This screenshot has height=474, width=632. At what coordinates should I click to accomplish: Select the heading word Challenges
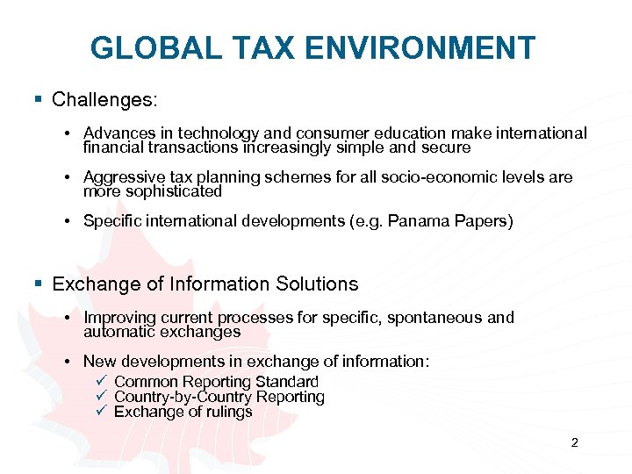click(x=104, y=99)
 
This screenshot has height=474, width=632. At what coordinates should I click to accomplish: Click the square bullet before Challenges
click(x=38, y=98)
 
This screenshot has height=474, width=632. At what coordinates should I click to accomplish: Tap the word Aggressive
click(x=122, y=177)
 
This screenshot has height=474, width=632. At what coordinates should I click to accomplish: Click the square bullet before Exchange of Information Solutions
click(x=38, y=284)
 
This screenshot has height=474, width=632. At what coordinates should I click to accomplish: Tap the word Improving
click(x=121, y=318)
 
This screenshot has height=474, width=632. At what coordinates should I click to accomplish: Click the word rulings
click(x=230, y=412)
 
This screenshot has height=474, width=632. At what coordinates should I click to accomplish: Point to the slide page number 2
click(x=574, y=442)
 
